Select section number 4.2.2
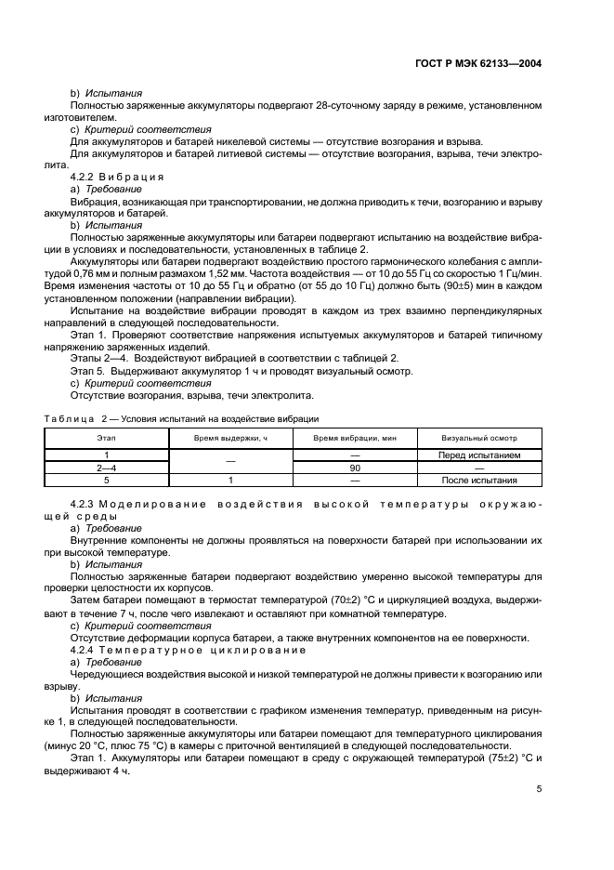click(x=85, y=177)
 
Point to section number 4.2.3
click(x=85, y=505)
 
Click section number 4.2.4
click(x=85, y=650)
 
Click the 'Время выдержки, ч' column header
click(x=230, y=437)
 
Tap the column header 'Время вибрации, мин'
click(x=355, y=437)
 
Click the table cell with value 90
click(x=355, y=468)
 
